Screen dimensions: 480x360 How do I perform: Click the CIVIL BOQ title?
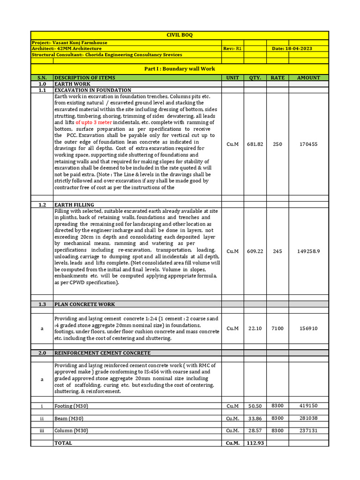tap(180, 35)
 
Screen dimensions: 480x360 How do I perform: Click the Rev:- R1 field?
tap(232, 49)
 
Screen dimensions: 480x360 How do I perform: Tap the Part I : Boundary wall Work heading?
tap(180, 69)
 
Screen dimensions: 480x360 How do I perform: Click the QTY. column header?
tap(255, 78)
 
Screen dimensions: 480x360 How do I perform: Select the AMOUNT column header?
tap(308, 78)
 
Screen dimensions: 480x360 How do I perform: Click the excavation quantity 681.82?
tap(255, 144)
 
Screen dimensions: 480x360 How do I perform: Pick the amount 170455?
tap(308, 144)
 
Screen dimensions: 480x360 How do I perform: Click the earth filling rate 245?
tap(277, 251)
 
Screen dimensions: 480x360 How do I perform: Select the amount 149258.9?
tap(308, 251)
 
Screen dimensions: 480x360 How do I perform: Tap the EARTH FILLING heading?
tap(75, 205)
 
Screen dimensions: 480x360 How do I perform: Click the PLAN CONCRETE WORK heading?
tap(85, 304)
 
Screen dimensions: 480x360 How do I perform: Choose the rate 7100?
tap(277, 329)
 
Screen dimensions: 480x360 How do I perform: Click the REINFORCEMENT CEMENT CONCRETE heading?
tap(102, 353)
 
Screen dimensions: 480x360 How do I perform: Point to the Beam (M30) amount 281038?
tap(308, 418)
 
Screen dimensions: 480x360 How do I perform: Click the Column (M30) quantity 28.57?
tap(255, 430)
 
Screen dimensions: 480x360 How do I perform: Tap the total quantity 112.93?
tap(255, 443)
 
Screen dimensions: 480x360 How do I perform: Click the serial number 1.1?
tap(42, 90)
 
